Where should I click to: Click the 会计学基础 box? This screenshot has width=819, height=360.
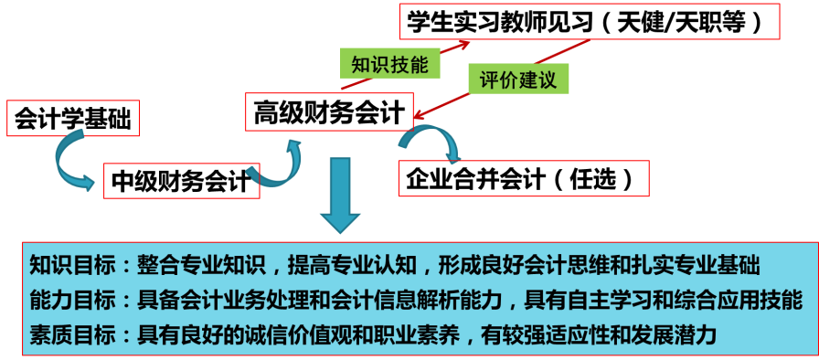[73, 118]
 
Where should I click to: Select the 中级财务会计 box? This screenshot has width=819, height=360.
[182, 181]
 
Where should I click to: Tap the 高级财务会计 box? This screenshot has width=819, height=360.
[329, 111]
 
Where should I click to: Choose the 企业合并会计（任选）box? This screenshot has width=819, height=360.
[524, 178]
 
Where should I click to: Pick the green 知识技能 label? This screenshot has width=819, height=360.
[389, 64]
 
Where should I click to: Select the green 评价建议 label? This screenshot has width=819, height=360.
[518, 79]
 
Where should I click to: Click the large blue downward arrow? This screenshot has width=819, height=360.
[340, 196]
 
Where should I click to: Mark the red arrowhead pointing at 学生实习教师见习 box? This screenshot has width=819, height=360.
[463, 44]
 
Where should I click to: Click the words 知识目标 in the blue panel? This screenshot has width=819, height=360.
[72, 266]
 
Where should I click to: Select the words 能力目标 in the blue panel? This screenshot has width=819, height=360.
[72, 301]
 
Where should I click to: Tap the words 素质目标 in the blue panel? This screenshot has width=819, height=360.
[72, 334]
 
